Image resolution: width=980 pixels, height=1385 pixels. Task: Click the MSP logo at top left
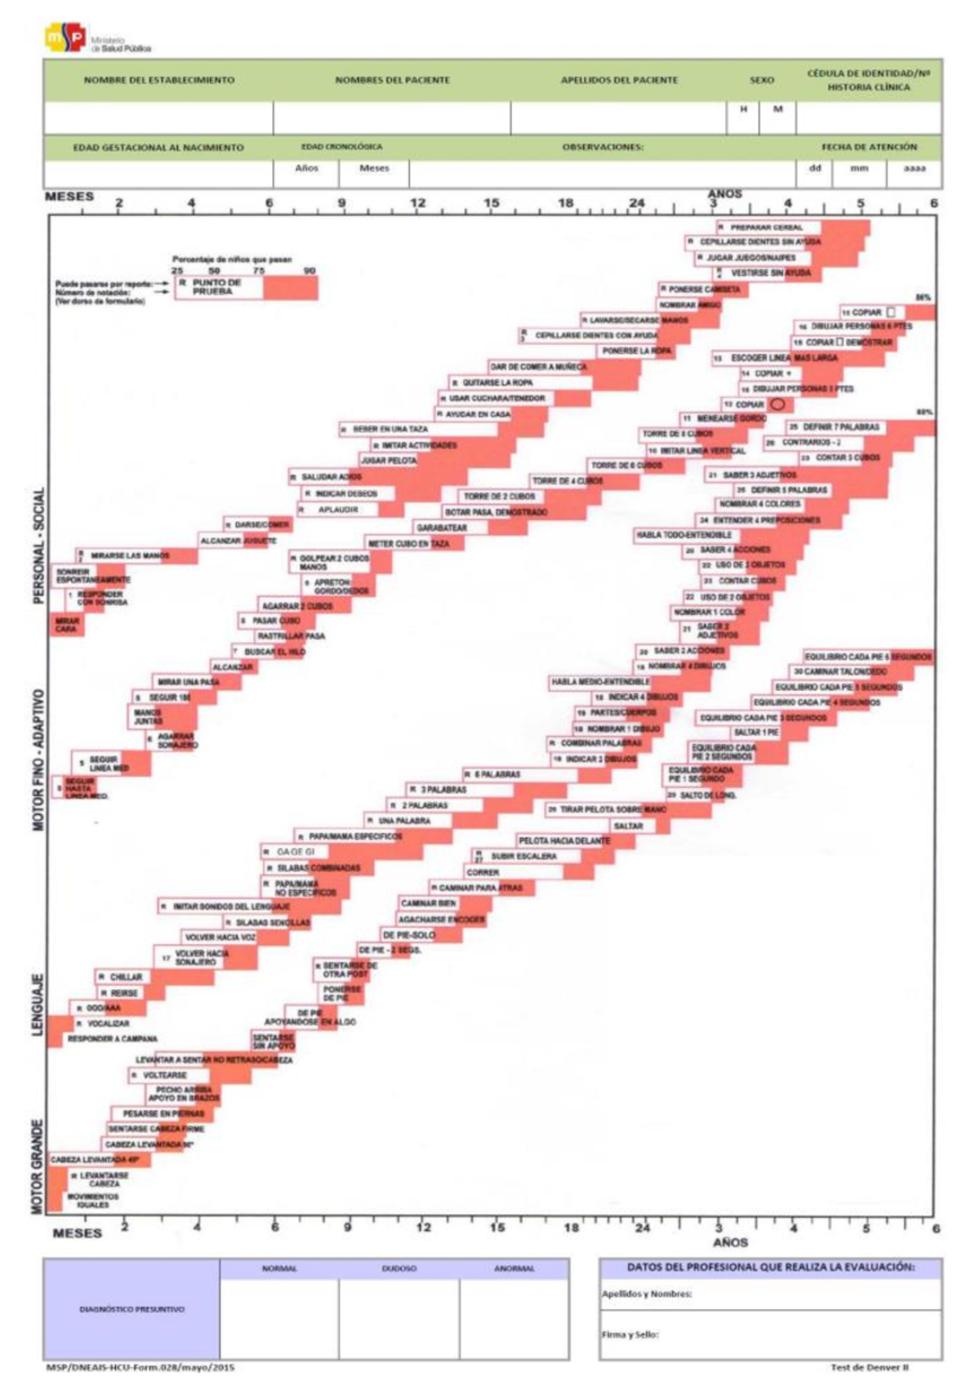click(65, 38)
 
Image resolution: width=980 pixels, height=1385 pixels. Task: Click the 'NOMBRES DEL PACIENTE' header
click(392, 80)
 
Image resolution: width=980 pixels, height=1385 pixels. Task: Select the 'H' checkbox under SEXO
click(743, 109)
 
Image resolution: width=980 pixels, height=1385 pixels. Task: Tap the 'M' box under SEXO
click(777, 109)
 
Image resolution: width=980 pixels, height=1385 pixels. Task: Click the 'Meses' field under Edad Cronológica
click(374, 168)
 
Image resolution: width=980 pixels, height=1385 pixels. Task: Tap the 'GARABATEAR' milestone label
click(441, 528)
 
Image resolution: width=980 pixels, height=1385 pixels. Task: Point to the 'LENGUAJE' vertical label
click(37, 1004)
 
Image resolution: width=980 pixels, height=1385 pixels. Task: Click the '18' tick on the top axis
click(565, 203)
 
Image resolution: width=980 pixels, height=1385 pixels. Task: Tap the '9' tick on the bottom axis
click(348, 1227)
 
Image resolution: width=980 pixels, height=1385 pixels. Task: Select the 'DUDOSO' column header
click(399, 1268)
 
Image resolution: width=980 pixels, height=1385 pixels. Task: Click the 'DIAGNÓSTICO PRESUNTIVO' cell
click(131, 1309)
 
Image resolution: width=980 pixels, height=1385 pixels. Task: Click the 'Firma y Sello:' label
click(630, 1334)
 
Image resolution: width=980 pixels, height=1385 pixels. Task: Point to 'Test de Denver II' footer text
click(869, 1367)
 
